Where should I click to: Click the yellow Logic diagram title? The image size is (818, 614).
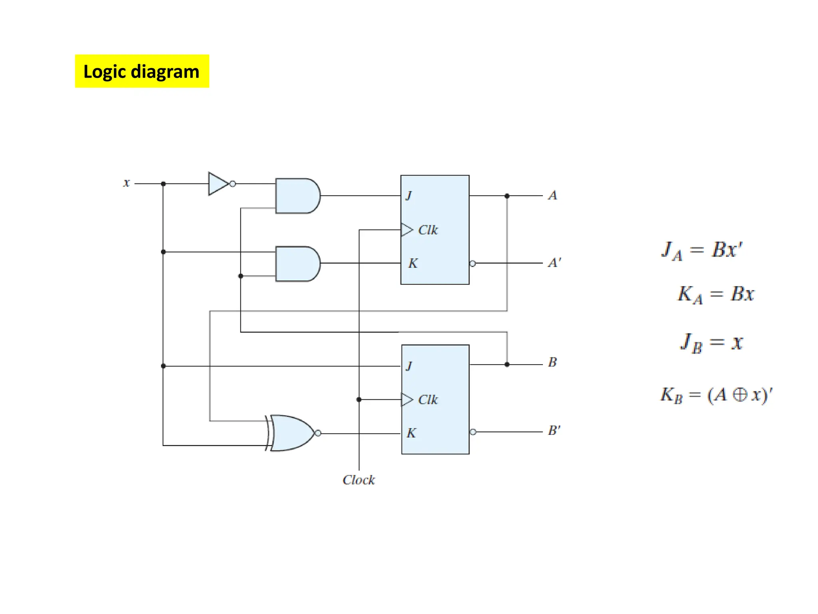pyautogui.click(x=142, y=71)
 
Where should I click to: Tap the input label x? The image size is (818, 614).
pyautogui.click(x=126, y=183)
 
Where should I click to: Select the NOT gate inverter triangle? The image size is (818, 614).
pyautogui.click(x=218, y=184)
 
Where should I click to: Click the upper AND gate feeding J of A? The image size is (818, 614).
pyautogui.click(x=297, y=196)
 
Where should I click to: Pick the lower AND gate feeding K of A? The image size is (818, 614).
pyautogui.click(x=297, y=264)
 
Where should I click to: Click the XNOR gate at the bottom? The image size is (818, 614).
pyautogui.click(x=292, y=433)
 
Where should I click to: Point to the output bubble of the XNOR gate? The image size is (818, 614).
pyautogui.click(x=318, y=433)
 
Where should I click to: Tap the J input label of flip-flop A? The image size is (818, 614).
pyautogui.click(x=409, y=195)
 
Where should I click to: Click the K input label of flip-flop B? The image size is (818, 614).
pyautogui.click(x=411, y=433)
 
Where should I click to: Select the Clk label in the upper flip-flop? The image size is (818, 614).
pyautogui.click(x=428, y=230)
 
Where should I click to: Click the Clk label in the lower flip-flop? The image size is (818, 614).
pyautogui.click(x=428, y=399)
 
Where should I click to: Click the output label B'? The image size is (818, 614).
pyautogui.click(x=554, y=431)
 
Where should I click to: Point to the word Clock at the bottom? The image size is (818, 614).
pyautogui.click(x=359, y=480)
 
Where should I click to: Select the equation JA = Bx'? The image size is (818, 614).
pyautogui.click(x=702, y=251)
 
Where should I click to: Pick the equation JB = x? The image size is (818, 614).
pyautogui.click(x=711, y=343)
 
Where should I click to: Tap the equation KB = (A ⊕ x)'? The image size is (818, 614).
pyautogui.click(x=716, y=395)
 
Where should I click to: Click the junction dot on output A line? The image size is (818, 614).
pyautogui.click(x=507, y=196)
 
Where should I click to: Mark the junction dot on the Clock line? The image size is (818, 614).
pyautogui.click(x=359, y=399)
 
